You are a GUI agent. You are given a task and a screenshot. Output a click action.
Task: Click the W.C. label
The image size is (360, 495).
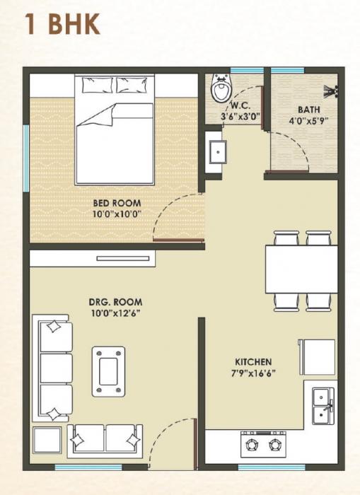[234, 107]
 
